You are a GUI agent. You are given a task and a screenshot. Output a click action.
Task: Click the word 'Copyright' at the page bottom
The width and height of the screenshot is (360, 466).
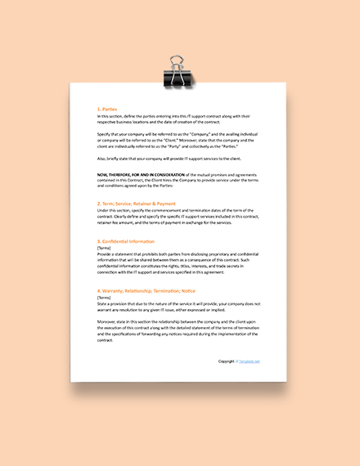[x=227, y=361]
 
